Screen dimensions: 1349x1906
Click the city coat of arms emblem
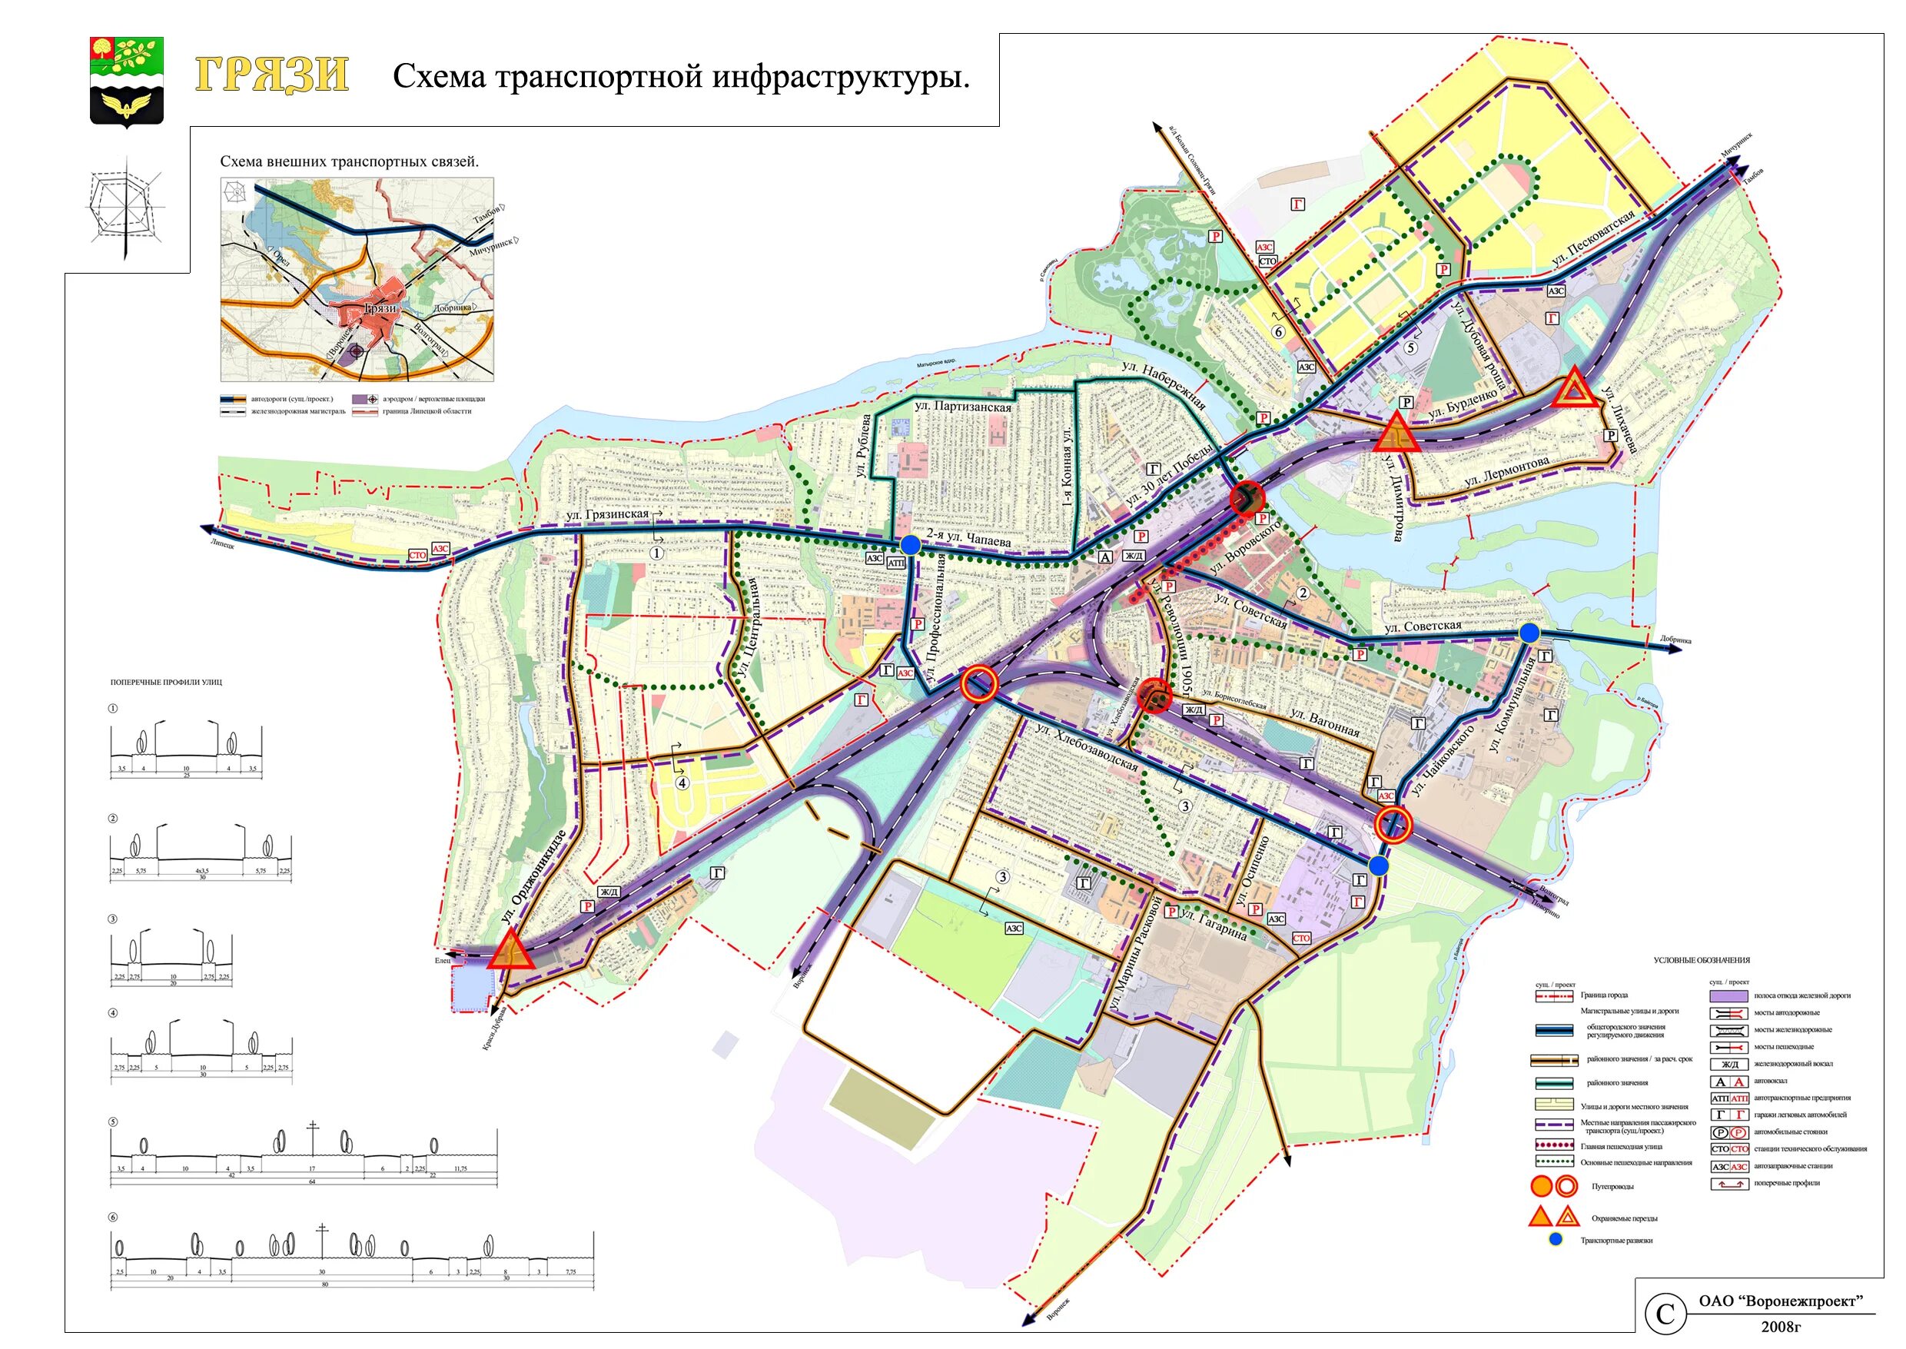[126, 81]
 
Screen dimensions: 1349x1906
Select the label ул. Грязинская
[607, 515]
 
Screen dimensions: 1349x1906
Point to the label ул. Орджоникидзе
[533, 877]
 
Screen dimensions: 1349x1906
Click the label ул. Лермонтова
[1506, 472]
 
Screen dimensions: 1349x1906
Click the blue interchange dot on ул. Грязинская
[910, 545]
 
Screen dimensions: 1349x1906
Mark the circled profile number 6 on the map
[1279, 332]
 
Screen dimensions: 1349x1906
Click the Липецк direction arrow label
[223, 545]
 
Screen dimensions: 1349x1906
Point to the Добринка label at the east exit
[1675, 640]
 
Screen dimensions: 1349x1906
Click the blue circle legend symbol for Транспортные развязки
[1556, 1239]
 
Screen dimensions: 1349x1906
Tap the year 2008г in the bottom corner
[1781, 1327]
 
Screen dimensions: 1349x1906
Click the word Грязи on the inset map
[380, 308]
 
